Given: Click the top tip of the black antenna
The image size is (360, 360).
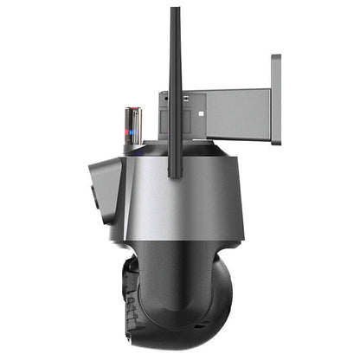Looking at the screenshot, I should [175, 10].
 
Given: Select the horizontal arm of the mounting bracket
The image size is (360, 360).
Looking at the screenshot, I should [229, 112].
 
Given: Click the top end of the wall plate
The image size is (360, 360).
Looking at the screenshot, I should [275, 58].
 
